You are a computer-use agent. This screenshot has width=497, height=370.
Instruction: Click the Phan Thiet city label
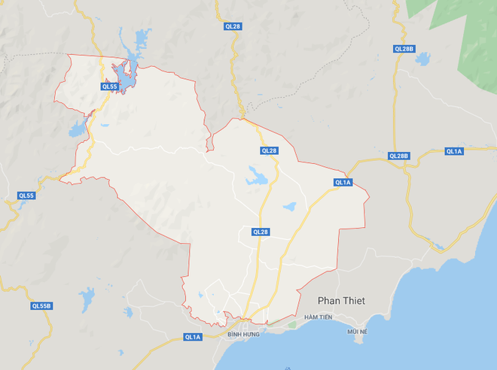[x=341, y=301]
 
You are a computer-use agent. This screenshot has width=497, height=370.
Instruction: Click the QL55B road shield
[x=41, y=306]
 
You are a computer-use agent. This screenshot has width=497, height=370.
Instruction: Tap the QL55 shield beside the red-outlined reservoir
[x=110, y=86]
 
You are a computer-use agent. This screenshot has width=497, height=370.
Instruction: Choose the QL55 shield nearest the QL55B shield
[x=26, y=196]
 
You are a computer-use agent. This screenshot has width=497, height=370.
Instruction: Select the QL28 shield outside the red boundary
[x=233, y=26]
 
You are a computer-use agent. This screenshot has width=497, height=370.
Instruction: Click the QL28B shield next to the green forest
[x=404, y=49]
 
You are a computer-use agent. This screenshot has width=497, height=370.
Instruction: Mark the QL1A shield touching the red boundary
[x=343, y=182]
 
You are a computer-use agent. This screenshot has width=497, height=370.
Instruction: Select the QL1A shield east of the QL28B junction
[x=454, y=151]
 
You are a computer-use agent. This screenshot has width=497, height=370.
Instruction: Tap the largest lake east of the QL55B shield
[x=87, y=299]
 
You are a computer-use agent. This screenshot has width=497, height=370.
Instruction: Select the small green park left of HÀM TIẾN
[x=292, y=325]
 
